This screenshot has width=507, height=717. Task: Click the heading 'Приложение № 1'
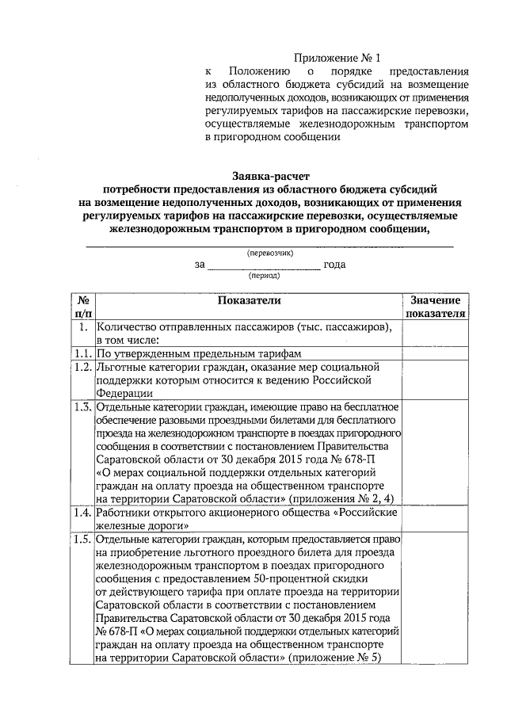pos(337,58)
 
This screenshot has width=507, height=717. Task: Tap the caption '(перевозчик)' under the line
pos(269,254)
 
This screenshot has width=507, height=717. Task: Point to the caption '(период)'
pos(264,277)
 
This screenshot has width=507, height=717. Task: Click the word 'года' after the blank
pos(335,265)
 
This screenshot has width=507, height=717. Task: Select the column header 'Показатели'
pos(246,301)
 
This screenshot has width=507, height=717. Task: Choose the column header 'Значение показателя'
pos(435,307)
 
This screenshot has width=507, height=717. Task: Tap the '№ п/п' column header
pos(82,307)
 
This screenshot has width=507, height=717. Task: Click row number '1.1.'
pos(82,353)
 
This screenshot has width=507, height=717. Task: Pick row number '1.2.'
pos(82,368)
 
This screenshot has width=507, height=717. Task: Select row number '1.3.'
pos(82,407)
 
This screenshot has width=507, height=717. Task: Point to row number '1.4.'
pos(82,513)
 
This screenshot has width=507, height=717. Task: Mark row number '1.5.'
pos(82,540)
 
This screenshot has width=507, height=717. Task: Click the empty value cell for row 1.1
pos(435,353)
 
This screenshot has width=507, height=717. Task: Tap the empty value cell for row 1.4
pos(435,519)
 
